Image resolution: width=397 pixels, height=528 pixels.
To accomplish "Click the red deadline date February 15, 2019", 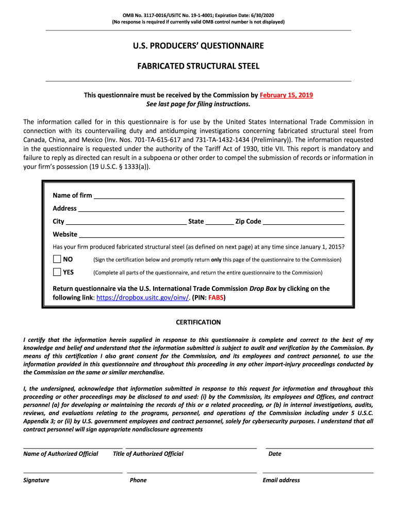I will click(x=286, y=95).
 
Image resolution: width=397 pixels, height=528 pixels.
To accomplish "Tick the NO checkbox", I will click(x=57, y=259).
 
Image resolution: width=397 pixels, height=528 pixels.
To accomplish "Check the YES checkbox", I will click(x=57, y=272).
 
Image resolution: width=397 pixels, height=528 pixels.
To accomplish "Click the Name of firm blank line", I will click(x=219, y=196).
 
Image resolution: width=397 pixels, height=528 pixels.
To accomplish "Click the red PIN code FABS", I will click(x=216, y=298).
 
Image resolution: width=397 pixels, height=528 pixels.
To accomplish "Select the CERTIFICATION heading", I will click(x=198, y=322).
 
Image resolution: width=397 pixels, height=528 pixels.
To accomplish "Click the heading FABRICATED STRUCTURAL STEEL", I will click(x=198, y=67).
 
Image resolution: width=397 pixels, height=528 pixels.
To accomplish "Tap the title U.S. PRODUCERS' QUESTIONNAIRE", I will click(x=198, y=46).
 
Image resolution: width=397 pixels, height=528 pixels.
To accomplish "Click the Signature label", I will click(x=36, y=480).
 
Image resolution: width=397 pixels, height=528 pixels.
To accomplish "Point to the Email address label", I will click(x=281, y=480).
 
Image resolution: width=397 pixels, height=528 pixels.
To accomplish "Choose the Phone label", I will click(x=138, y=480).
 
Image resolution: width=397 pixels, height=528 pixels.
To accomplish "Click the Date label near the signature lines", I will click(x=275, y=454).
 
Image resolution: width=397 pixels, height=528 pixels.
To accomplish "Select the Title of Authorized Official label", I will click(x=148, y=454).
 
